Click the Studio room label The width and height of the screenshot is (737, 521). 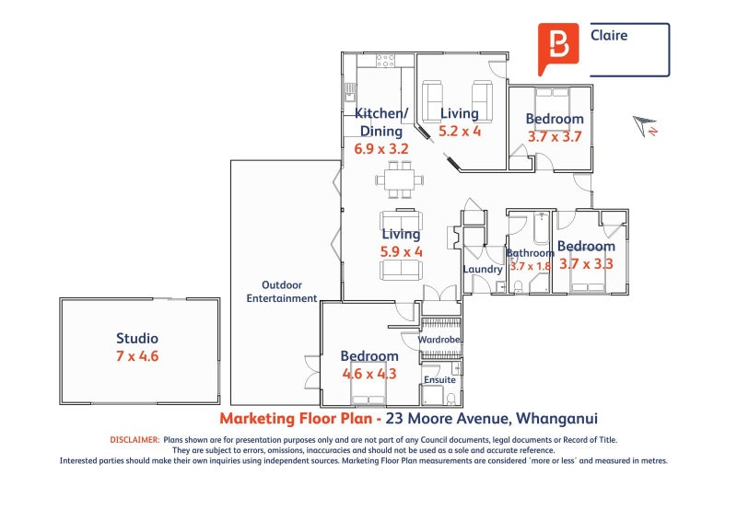pos(136,338)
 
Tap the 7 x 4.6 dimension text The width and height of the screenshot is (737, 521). pos(137,355)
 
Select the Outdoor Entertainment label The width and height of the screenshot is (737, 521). pos(281,292)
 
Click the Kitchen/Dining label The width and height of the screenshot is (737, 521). pos(380,122)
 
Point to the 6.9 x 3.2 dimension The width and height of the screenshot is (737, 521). pos(380,148)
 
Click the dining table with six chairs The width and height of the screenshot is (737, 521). pos(401,179)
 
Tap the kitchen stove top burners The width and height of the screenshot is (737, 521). pos(385,61)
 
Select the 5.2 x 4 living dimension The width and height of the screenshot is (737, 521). pos(459,131)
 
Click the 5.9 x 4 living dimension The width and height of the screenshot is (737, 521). pos(401,251)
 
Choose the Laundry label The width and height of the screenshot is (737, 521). pos(483,270)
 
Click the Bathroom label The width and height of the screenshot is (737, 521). pos(529,252)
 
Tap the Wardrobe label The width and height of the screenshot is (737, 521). pos(439,340)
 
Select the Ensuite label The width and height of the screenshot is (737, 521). pos(439,378)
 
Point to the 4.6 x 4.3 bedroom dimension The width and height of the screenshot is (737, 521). pos(369,374)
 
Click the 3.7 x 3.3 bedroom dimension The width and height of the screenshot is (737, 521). pos(586,263)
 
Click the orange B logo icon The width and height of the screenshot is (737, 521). pos(558,47)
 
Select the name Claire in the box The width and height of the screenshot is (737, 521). pos(608,37)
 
